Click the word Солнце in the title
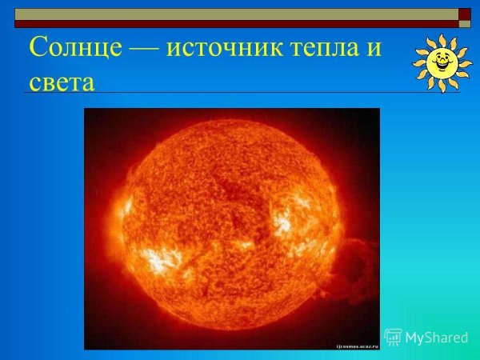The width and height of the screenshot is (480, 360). pyautogui.click(x=75, y=48)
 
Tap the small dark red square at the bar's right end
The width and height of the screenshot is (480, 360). pyautogui.click(x=464, y=14)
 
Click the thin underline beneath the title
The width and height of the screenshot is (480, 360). pyautogui.click(x=240, y=94)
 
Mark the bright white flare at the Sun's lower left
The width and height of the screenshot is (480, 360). pyautogui.click(x=160, y=260)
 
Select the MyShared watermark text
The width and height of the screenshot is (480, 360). pyautogui.click(x=436, y=338)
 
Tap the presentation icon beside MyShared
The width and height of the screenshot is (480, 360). pyautogui.click(x=393, y=337)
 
